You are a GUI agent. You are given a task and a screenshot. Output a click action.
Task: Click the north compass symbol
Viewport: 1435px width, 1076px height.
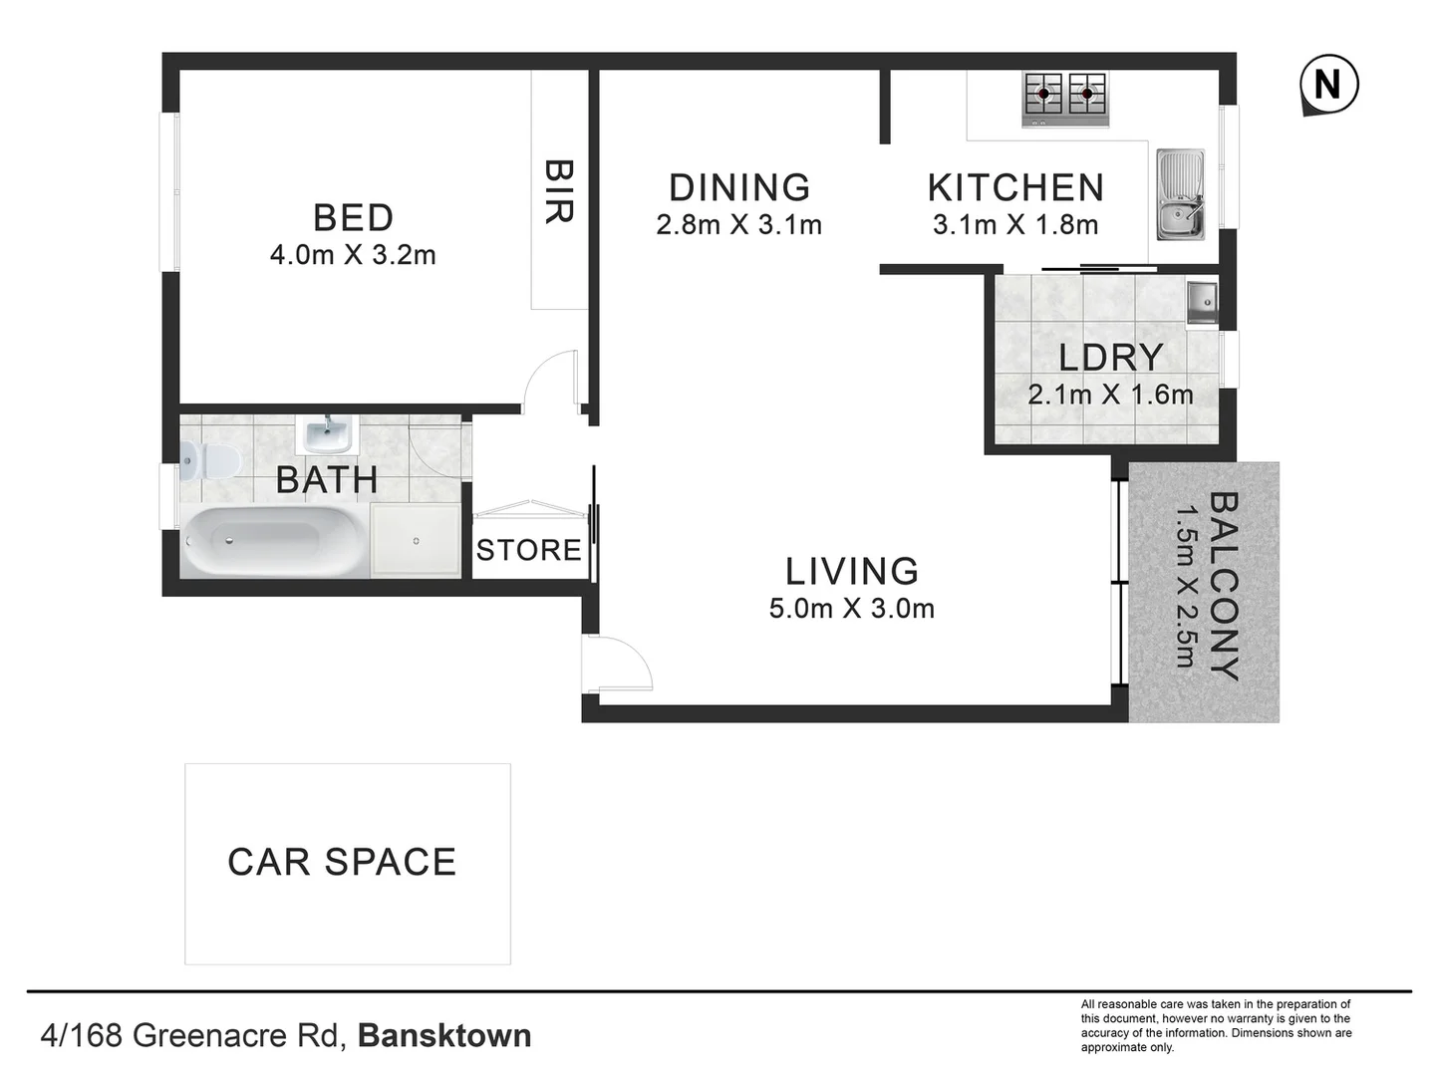(1328, 85)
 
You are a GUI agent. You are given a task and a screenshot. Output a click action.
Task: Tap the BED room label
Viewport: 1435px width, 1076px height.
(353, 217)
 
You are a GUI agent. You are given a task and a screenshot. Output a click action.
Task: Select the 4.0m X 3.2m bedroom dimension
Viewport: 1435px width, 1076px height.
(353, 255)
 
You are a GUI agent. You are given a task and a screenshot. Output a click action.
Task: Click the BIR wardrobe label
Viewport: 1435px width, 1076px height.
(558, 191)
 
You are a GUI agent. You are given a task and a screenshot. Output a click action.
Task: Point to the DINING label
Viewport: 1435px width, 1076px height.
(738, 187)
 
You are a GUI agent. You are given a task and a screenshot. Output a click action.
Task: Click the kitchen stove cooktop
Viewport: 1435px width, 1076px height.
(1065, 99)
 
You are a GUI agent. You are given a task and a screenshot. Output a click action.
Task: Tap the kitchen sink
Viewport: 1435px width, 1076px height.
(1181, 195)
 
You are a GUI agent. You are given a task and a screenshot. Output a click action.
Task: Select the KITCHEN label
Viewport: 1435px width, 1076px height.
(1015, 187)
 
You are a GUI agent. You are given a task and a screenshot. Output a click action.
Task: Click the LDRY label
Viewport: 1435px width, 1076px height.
(1110, 357)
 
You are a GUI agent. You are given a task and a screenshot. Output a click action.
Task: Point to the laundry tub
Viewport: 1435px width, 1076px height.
(1202, 302)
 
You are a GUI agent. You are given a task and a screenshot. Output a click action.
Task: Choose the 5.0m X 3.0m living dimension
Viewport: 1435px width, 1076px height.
(851, 609)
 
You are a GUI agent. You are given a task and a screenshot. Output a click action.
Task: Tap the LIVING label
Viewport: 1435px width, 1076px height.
(851, 571)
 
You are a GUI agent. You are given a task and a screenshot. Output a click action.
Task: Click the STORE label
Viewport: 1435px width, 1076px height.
(528, 550)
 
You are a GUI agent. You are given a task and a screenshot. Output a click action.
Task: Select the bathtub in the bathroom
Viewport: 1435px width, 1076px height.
(272, 542)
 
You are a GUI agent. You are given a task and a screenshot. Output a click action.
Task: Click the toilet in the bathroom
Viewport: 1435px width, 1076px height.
(210, 461)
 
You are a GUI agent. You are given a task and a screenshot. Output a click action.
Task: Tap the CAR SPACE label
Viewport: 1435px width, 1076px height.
(342, 862)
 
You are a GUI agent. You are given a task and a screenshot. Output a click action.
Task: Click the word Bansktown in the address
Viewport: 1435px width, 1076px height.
(444, 1035)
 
